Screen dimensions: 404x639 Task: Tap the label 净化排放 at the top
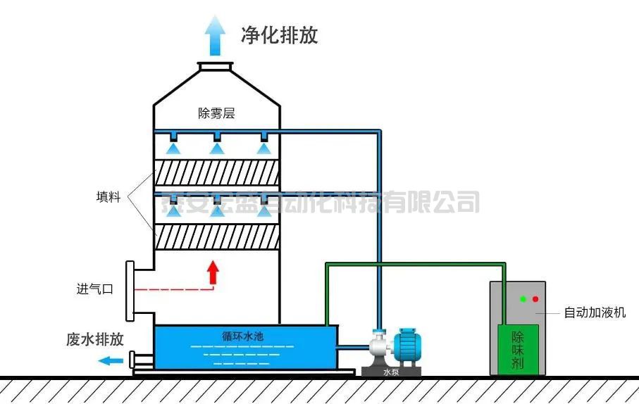pyautogui.click(x=279, y=35)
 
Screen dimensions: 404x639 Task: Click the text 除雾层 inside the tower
pyautogui.click(x=216, y=113)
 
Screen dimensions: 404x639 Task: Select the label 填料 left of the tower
pyautogui.click(x=108, y=197)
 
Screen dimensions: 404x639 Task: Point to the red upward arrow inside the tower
pyautogui.click(x=212, y=272)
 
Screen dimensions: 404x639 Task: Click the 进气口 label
pyautogui.click(x=94, y=289)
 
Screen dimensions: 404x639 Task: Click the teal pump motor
pyautogui.click(x=408, y=346)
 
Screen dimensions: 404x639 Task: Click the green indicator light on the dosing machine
pyautogui.click(x=523, y=298)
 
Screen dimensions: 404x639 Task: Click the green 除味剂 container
pyautogui.click(x=518, y=349)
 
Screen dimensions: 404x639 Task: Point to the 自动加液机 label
pyautogui.click(x=595, y=313)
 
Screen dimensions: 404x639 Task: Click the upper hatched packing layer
pyautogui.click(x=216, y=173)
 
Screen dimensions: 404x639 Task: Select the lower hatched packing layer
pyautogui.click(x=216, y=236)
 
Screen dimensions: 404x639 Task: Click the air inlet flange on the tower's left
pyautogui.click(x=130, y=289)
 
